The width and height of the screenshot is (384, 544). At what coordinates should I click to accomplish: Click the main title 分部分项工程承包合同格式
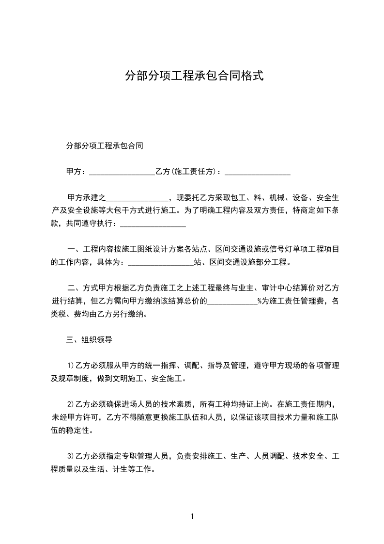point(194,76)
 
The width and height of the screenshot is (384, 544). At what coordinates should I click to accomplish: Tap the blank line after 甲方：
point(122,172)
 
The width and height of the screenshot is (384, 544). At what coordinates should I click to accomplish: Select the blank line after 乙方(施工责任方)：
point(258,172)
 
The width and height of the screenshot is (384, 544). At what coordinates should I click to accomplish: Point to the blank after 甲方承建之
point(137,198)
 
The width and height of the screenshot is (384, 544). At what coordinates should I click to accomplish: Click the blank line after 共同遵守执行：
point(153,224)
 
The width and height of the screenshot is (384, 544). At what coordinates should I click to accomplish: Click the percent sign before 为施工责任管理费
point(260,302)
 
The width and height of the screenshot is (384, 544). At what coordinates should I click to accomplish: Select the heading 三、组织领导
point(89,340)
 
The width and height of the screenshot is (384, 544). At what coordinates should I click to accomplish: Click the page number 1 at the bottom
point(192,516)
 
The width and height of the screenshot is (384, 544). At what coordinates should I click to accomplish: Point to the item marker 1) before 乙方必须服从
point(70,366)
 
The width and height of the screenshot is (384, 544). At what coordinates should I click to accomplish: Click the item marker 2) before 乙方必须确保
point(70,404)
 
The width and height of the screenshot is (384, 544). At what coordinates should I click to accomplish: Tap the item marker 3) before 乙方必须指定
point(70,456)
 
